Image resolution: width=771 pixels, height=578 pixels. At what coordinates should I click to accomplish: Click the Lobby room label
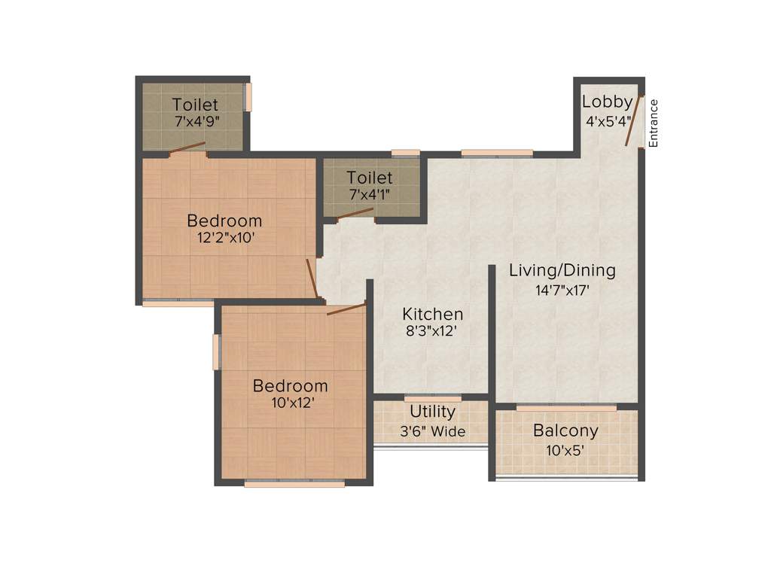pos(607,102)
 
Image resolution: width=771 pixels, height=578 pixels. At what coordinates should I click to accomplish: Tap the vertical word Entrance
pos(654,123)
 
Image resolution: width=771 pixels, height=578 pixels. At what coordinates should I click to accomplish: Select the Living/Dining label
pos(562,270)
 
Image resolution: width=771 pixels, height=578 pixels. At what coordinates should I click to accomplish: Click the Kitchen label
pos(432,314)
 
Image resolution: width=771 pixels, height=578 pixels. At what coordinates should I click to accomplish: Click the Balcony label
pos(565,431)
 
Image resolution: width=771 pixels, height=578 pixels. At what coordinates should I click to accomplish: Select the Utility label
pos(432,412)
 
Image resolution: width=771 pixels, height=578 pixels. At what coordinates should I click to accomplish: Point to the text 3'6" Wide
pos(432,432)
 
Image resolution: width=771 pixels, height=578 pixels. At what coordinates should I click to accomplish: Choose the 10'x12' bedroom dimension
pos(290,403)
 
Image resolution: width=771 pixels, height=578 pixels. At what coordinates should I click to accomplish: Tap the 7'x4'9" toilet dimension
pos(195,121)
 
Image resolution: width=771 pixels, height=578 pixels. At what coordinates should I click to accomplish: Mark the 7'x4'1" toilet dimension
pos(369,194)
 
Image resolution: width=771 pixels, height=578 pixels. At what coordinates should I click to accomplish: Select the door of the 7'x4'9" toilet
pos(187,148)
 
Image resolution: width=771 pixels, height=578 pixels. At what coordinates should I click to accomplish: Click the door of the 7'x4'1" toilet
pos(355,214)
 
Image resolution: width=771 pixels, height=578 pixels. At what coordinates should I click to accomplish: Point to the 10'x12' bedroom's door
pos(346,309)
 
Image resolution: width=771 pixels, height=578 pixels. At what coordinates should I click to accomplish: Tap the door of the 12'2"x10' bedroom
pos(311,278)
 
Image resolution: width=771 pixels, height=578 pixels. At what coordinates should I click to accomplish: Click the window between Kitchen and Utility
pos(433,397)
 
